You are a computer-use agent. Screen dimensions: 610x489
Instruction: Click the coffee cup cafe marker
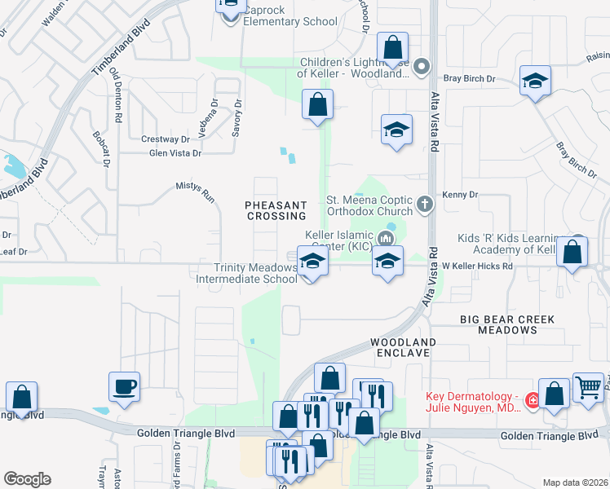tap(124, 386)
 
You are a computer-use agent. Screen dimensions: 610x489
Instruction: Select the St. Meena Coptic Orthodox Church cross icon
tap(423, 204)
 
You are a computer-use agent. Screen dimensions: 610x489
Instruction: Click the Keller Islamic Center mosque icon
tap(387, 239)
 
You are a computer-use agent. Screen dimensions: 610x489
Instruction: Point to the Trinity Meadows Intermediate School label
tap(247, 273)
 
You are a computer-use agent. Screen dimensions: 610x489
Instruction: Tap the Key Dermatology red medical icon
tap(532, 401)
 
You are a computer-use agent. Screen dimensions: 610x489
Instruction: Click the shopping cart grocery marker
tap(588, 387)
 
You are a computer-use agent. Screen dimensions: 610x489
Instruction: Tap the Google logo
tap(27, 478)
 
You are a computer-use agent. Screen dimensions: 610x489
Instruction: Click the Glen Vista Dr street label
tap(175, 152)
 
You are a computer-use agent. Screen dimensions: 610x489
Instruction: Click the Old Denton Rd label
tap(118, 95)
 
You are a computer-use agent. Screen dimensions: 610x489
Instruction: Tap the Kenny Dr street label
tap(460, 195)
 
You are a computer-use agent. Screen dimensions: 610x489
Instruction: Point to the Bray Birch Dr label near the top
tap(470, 78)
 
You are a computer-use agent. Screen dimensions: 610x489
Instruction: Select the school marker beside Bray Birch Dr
tap(535, 81)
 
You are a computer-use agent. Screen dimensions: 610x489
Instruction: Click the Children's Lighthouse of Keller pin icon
tap(422, 66)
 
